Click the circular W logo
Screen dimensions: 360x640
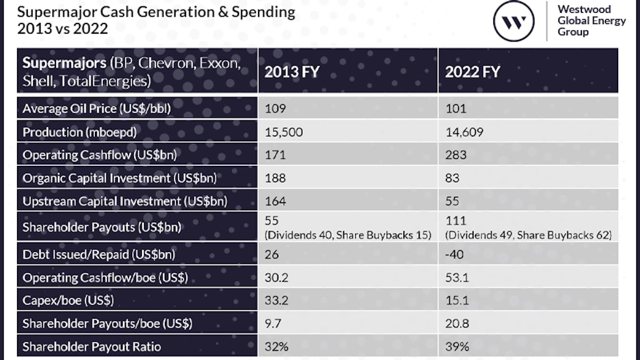click(x=514, y=21)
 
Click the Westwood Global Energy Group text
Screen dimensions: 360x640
click(x=584, y=21)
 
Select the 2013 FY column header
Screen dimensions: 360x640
click(x=291, y=71)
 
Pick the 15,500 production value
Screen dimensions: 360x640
click(x=284, y=132)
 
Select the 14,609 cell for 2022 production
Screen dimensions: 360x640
click(x=464, y=132)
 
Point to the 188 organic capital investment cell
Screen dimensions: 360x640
click(x=275, y=178)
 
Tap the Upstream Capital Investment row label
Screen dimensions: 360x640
click(x=124, y=201)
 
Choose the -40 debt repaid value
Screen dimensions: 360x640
click(x=454, y=254)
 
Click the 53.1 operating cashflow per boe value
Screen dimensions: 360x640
click(x=457, y=277)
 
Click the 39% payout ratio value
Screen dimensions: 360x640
click(x=457, y=347)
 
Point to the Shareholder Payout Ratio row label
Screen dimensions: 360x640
click(x=92, y=347)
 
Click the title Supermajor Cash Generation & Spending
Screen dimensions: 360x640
click(x=156, y=12)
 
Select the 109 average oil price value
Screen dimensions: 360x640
click(x=275, y=109)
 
